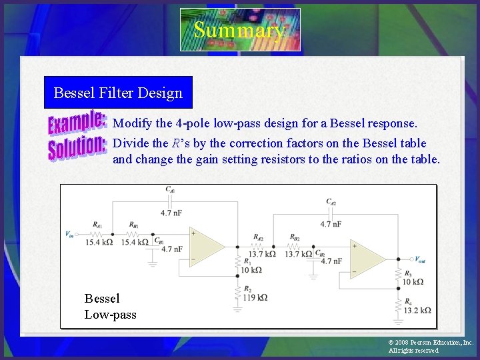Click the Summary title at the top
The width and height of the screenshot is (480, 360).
[x=239, y=30]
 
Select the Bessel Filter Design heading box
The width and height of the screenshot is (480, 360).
[x=118, y=93]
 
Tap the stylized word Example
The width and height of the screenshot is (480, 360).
[x=77, y=124]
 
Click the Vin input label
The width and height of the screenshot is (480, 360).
[x=69, y=234]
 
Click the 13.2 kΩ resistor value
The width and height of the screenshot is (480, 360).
[x=417, y=310]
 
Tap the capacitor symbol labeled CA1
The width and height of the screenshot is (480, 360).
[x=170, y=201]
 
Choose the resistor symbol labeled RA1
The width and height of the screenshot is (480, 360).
[x=97, y=234]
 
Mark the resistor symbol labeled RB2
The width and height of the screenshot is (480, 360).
[x=294, y=246]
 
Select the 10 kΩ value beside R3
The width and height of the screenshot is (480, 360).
[x=413, y=282]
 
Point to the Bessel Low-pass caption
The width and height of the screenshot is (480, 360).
[x=110, y=307]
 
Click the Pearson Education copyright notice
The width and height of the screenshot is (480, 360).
[x=430, y=346]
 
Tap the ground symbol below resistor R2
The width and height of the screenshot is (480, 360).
[x=237, y=309]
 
